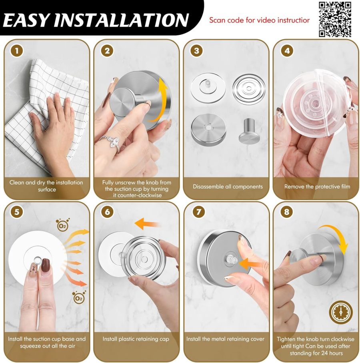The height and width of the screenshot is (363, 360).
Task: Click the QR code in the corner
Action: (335, 19)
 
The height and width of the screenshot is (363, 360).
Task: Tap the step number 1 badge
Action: (16, 51)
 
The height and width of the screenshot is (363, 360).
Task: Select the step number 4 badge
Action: (286, 51)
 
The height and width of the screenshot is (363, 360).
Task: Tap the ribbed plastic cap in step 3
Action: (248, 88)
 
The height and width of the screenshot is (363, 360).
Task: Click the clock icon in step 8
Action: (341, 313)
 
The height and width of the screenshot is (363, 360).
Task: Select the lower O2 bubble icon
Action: (79, 298)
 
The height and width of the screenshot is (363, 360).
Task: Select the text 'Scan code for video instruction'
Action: (259, 20)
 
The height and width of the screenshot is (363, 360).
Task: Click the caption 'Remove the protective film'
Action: (317, 187)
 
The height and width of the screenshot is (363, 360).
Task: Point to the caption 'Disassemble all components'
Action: (228, 187)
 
